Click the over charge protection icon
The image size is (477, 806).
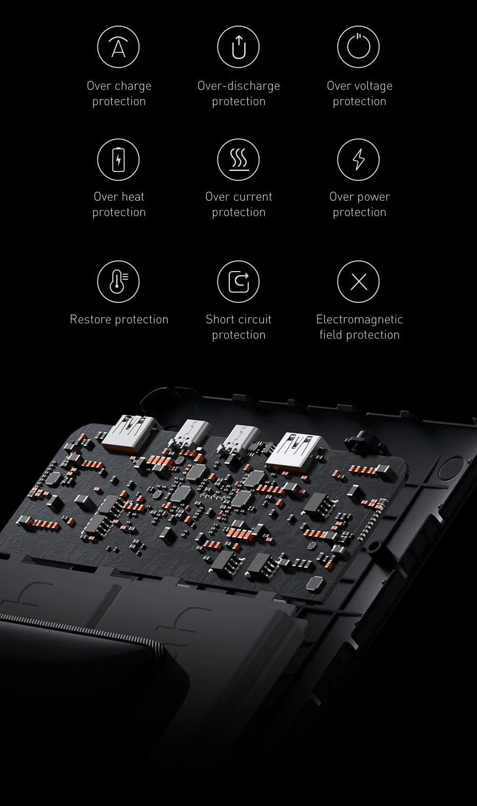click(118, 47)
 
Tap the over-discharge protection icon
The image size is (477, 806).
click(239, 47)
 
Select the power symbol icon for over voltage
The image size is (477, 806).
click(359, 47)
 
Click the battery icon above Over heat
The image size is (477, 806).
click(118, 159)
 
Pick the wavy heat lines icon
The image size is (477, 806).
click(239, 159)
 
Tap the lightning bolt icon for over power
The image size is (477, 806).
click(359, 159)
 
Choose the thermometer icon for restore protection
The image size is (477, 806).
click(118, 281)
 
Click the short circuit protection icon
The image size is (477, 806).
click(239, 281)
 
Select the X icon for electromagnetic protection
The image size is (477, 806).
click(359, 281)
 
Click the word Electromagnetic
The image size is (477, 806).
click(360, 319)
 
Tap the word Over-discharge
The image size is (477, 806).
click(239, 86)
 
